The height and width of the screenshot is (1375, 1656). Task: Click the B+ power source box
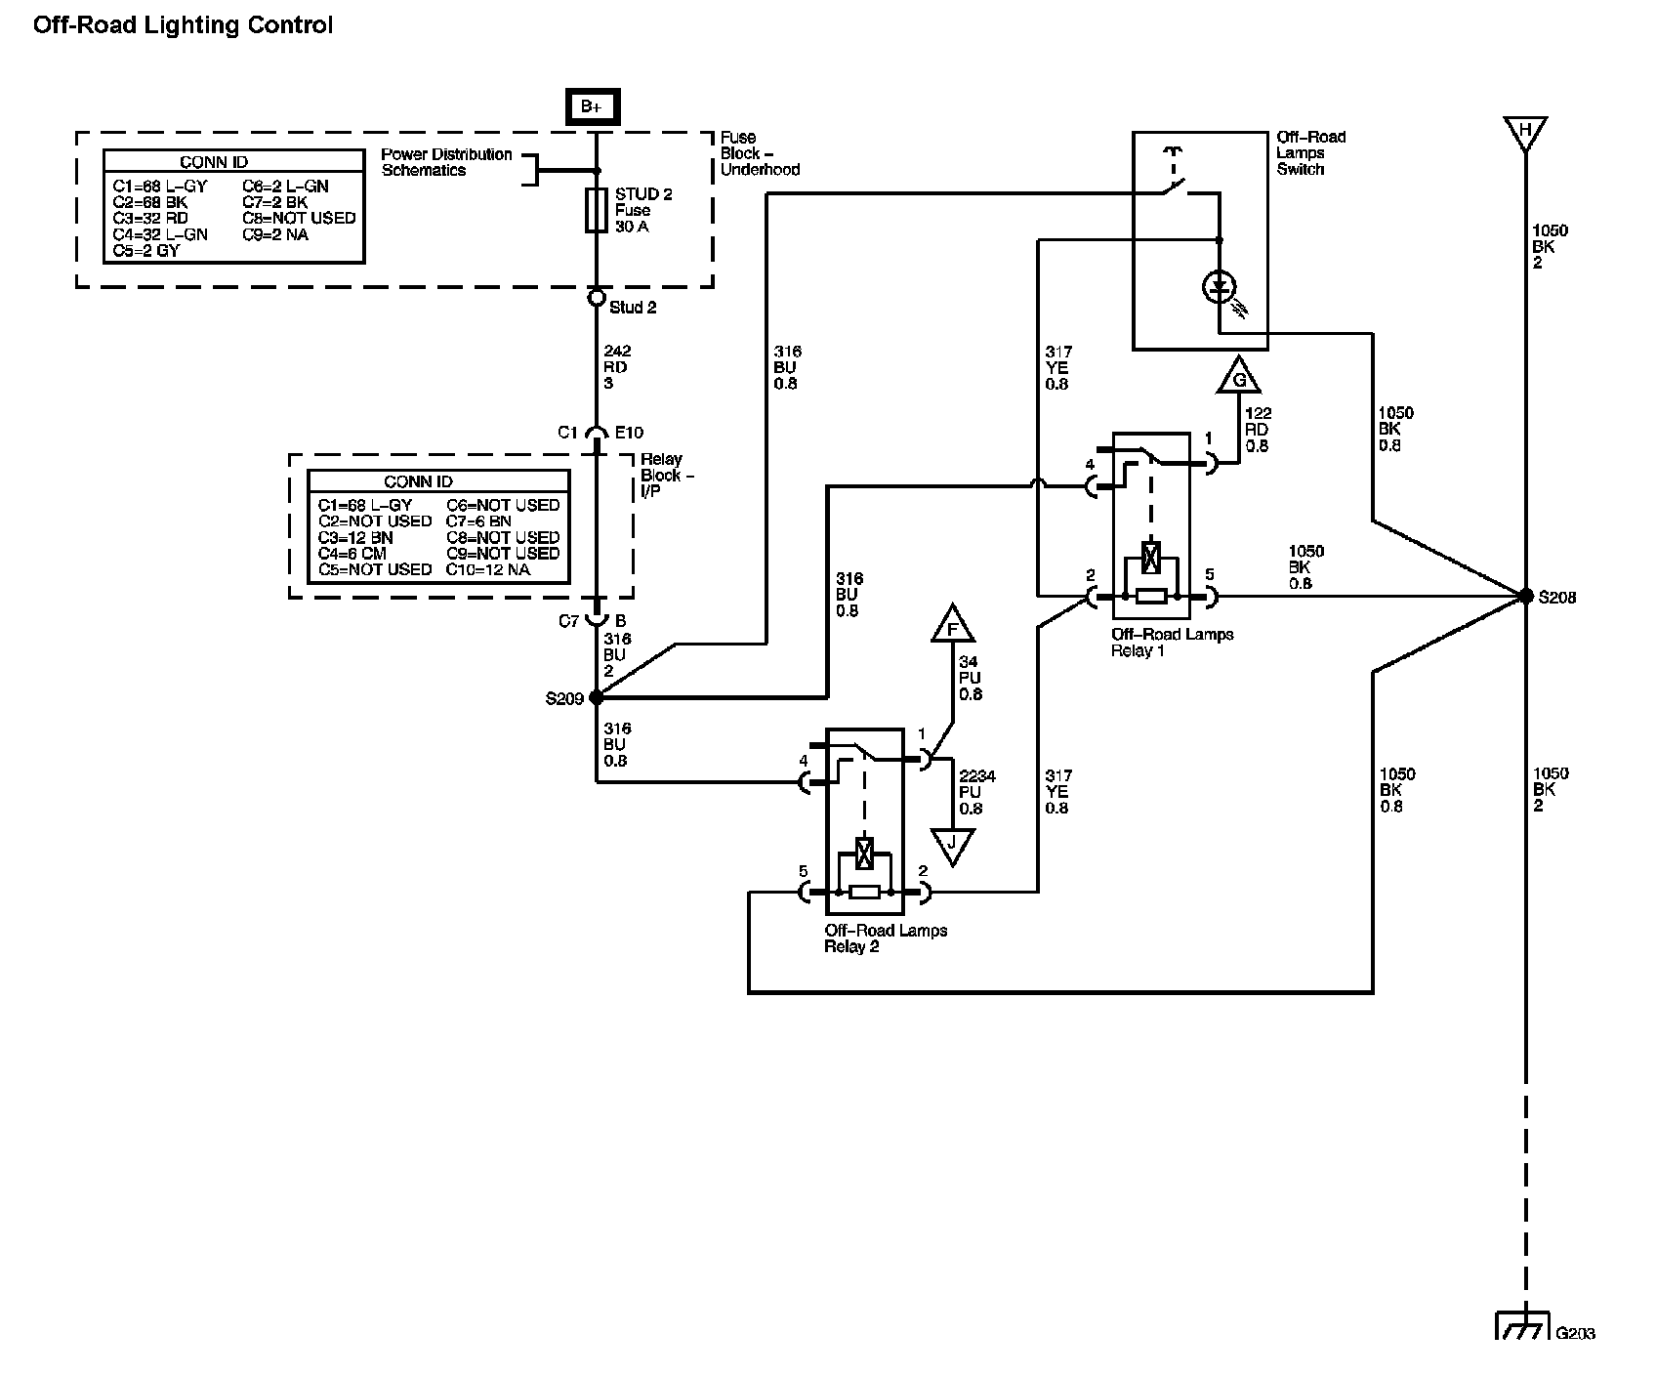[591, 106]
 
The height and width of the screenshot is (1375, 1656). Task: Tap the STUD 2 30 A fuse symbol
[597, 211]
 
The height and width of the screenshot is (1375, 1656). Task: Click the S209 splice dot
[597, 698]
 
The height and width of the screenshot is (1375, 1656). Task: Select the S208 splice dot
[1525, 596]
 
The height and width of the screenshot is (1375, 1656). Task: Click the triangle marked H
[1525, 133]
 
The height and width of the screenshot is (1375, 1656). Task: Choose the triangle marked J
[953, 846]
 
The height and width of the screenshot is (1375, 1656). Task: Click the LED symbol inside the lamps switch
[1219, 287]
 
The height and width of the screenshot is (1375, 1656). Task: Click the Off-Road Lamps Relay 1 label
[1172, 643]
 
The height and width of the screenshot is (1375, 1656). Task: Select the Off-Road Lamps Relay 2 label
[886, 938]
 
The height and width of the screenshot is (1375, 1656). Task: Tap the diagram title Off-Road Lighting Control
[183, 25]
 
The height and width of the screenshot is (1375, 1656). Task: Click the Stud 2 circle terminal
[597, 297]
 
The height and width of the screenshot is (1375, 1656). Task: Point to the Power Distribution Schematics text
[446, 162]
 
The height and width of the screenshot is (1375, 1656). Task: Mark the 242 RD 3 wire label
[616, 367]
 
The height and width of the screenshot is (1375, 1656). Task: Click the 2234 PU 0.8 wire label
[977, 792]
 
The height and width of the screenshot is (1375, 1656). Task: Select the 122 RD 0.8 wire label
[1258, 430]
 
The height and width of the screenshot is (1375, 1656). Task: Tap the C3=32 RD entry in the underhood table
[151, 219]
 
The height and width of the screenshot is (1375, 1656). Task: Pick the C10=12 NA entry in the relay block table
[488, 569]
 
